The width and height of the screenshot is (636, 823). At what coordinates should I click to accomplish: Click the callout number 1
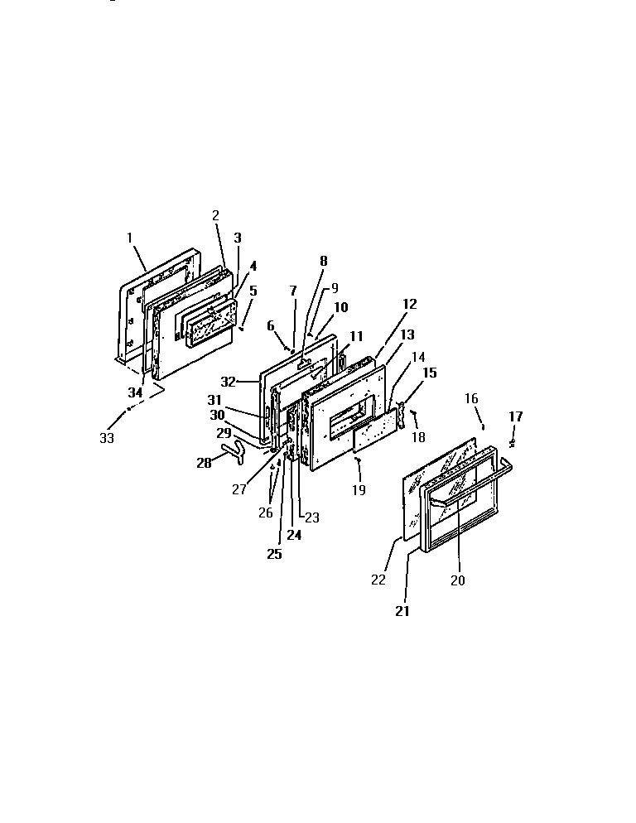(x=130, y=238)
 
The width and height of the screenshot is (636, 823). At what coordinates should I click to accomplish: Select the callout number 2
(x=215, y=215)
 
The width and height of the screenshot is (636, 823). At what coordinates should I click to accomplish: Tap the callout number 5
(x=253, y=291)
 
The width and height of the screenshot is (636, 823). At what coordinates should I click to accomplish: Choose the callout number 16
(x=470, y=399)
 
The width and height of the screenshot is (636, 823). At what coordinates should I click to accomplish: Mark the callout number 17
(x=515, y=416)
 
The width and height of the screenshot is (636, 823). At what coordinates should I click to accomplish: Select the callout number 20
(x=457, y=580)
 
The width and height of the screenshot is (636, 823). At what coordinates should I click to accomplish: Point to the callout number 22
(x=378, y=580)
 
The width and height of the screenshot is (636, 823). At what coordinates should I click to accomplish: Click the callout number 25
(x=274, y=554)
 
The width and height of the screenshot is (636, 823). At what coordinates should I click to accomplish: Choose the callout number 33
(x=107, y=438)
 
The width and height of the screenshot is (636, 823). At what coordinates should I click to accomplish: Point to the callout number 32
(x=229, y=382)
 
